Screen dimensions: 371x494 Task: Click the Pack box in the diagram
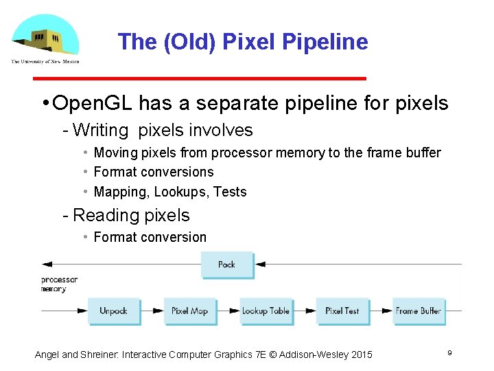(x=226, y=265)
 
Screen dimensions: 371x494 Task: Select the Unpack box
(x=113, y=311)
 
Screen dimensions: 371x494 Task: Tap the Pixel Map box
(x=189, y=311)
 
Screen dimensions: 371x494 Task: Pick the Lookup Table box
(x=266, y=311)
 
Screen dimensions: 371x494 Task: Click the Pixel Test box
(x=342, y=311)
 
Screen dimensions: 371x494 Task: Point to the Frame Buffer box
(x=418, y=311)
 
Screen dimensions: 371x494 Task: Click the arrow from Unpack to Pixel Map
(x=152, y=311)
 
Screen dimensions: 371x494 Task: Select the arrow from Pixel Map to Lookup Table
(x=228, y=311)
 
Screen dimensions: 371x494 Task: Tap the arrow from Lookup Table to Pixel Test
(x=304, y=311)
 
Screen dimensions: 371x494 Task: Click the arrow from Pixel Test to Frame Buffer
(x=380, y=311)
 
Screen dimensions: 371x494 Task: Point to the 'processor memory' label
(x=59, y=284)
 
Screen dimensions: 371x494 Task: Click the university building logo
(x=45, y=37)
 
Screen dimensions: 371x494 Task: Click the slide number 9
(x=449, y=352)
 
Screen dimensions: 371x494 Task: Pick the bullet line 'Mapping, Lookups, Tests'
(x=169, y=192)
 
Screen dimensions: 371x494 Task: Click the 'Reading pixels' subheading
(x=130, y=215)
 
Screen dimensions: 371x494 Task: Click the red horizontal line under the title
(x=241, y=78)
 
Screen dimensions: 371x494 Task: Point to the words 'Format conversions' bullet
(x=153, y=172)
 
